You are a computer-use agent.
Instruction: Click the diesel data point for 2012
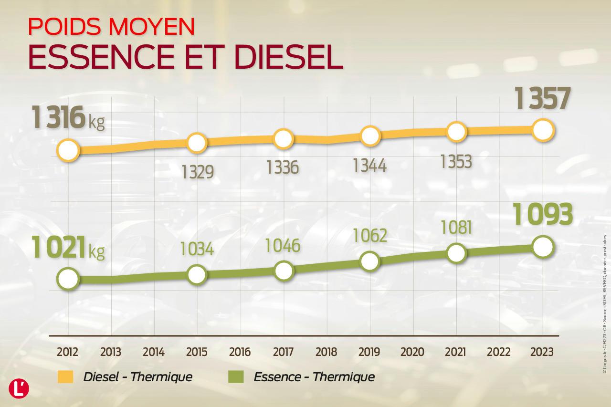click(x=68, y=150)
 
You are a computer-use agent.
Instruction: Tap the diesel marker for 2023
click(x=543, y=130)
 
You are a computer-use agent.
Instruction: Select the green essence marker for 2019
click(x=370, y=261)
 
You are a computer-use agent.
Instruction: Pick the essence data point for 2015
click(x=197, y=274)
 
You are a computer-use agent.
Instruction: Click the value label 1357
click(x=543, y=99)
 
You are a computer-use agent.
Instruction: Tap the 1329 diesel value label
click(x=197, y=171)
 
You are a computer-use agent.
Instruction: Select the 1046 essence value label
click(x=283, y=245)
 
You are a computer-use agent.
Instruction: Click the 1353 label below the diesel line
click(x=456, y=162)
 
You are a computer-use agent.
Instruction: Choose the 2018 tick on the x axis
click(x=326, y=352)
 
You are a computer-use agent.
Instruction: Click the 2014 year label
click(x=154, y=352)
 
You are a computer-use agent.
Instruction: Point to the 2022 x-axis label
click(x=499, y=352)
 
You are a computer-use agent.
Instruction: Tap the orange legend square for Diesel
click(x=65, y=377)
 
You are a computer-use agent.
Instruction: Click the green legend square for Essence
click(x=236, y=377)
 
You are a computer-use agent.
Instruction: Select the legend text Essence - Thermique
click(x=314, y=377)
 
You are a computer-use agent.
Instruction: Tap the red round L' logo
click(x=19, y=388)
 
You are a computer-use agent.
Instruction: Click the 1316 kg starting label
click(x=68, y=118)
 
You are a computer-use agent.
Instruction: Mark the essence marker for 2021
click(x=456, y=253)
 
